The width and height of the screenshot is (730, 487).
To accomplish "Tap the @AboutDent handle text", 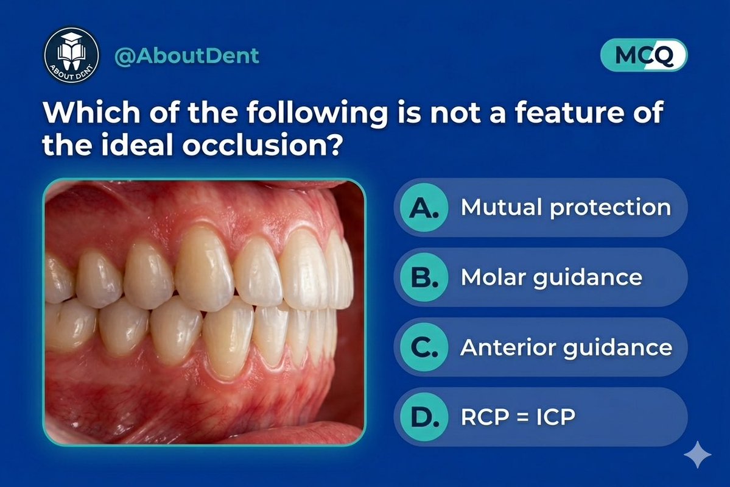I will tap(187, 55).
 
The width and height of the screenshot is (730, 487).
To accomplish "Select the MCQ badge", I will tap(644, 56).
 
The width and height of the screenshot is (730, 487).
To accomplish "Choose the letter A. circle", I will tap(420, 207).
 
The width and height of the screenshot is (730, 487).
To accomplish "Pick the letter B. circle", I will tap(420, 277).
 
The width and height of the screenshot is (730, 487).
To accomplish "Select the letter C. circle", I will tap(420, 347).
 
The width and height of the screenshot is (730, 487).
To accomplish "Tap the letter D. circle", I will tap(420, 418).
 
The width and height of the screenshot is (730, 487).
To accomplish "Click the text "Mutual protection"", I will tap(566, 207).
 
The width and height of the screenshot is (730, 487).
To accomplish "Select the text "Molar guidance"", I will tap(551, 277).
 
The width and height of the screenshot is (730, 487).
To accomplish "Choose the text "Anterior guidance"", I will tap(566, 347).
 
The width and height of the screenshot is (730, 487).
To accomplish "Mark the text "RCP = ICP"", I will tap(518, 418).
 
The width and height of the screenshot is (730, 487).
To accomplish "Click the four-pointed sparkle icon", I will tap(697, 454).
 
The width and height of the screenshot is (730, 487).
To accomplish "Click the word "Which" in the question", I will tap(83, 113).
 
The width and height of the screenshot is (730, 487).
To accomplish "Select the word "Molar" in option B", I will tap(491, 277).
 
